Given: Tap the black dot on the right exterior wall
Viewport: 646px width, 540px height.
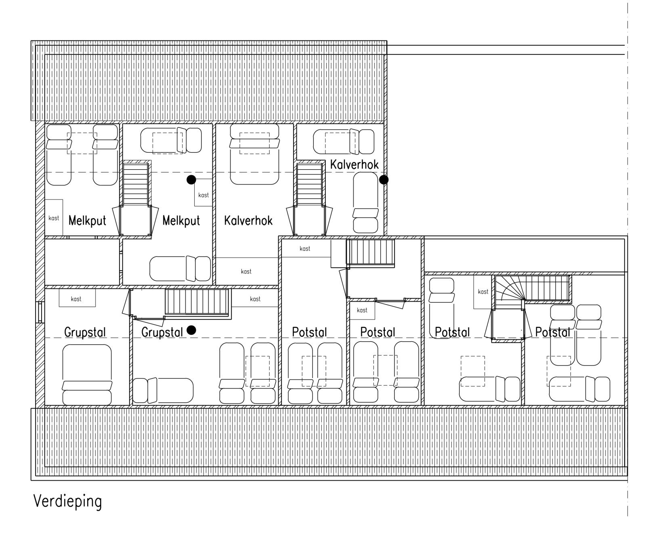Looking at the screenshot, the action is (384, 179).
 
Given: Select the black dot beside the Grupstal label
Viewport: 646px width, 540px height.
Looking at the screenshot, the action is (191, 330).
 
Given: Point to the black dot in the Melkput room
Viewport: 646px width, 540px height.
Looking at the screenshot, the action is (191, 179).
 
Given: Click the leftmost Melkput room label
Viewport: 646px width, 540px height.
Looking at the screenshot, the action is (87, 221).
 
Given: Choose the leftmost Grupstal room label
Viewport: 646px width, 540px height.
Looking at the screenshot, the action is (85, 332).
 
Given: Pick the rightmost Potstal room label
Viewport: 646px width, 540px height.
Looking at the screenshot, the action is (552, 332).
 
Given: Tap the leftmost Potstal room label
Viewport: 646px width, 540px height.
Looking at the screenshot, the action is (310, 332).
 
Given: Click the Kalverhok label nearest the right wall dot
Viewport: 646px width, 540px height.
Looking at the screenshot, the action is (354, 165).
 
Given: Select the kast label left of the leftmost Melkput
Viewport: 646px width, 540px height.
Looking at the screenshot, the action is (54, 218).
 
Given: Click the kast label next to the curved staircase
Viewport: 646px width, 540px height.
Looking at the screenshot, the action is (483, 292).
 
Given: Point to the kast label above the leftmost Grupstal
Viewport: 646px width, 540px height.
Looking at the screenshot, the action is (76, 299).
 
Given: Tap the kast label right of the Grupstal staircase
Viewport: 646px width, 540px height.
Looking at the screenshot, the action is (255, 299).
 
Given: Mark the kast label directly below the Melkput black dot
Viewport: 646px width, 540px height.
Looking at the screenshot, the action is (203, 195).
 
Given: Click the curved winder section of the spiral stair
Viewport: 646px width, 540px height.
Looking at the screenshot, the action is (509, 288).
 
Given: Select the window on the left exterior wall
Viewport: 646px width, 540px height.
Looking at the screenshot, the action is (40, 312).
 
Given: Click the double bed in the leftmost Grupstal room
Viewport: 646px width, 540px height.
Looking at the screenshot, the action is (87, 374).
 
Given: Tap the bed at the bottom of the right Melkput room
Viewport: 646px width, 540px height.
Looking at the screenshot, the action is (180, 269).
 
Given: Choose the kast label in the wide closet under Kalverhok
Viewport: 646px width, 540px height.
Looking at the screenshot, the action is (246, 271).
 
